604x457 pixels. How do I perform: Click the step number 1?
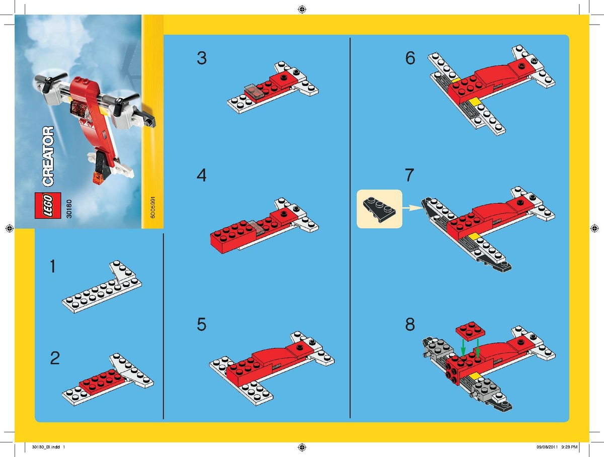tap(53, 266)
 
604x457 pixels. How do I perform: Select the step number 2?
tap(55, 358)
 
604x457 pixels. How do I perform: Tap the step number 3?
tap(202, 58)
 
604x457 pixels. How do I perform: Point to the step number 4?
tap(201, 175)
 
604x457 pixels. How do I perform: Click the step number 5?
tap(201, 324)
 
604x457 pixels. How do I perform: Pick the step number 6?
tap(410, 58)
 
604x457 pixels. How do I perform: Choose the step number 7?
tap(409, 175)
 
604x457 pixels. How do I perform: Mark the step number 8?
tap(410, 324)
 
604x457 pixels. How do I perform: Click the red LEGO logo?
tap(48, 206)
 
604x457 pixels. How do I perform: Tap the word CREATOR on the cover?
tap(48, 156)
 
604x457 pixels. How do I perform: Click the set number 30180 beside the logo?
tap(69, 209)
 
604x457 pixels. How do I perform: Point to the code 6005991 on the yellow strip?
tap(153, 208)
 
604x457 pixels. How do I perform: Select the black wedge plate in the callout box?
tap(380, 210)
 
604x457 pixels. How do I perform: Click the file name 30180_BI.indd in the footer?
tap(46, 447)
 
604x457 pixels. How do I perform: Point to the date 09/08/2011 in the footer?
tap(547, 447)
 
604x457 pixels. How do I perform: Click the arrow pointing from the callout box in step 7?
tap(412, 208)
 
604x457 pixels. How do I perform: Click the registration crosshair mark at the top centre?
tap(302, 10)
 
